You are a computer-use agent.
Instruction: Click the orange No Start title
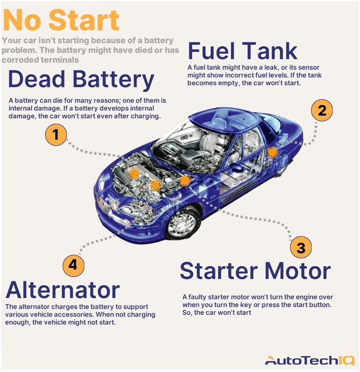tap(62, 20)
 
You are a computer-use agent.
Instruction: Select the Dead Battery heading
tap(81, 80)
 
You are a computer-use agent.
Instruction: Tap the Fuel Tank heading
tap(243, 52)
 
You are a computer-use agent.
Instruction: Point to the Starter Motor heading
tap(255, 270)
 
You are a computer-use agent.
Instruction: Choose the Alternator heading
tap(62, 290)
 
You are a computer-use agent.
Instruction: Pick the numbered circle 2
tap(322, 111)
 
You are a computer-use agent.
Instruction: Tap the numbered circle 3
tap(301, 248)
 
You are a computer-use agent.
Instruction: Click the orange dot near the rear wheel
tap(272, 153)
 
